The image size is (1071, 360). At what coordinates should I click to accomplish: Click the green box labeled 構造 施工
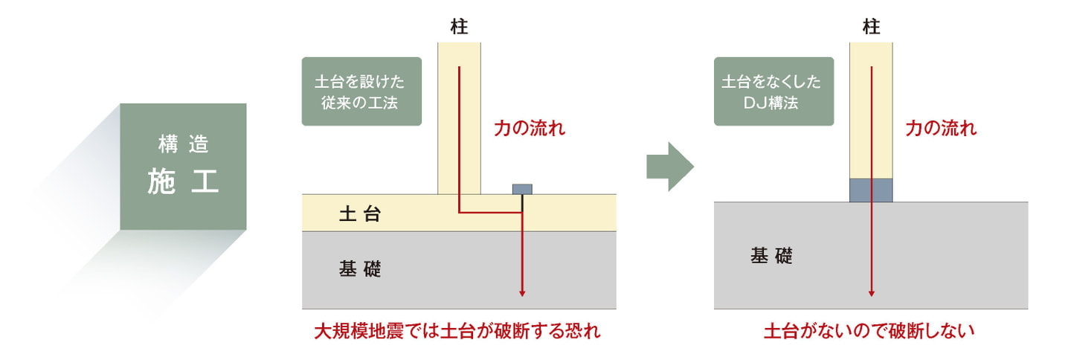click(183, 166)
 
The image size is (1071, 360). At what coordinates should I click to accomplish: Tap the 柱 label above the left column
click(459, 28)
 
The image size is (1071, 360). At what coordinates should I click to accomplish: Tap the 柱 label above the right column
click(871, 28)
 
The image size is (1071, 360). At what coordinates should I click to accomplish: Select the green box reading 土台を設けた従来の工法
click(361, 91)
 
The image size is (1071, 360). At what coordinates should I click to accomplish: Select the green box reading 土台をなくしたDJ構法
click(773, 91)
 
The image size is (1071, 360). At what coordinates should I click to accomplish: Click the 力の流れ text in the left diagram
click(530, 129)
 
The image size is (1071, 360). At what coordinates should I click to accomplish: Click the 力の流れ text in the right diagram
click(941, 129)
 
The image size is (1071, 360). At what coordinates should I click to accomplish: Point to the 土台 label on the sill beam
click(360, 215)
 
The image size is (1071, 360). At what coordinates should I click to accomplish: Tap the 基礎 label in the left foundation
click(360, 269)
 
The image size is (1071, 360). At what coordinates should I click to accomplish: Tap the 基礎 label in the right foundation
click(771, 257)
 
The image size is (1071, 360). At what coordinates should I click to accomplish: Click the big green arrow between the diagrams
click(669, 167)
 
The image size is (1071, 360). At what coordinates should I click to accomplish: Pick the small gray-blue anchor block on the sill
click(522, 189)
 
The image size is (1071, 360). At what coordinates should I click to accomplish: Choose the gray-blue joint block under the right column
click(871, 190)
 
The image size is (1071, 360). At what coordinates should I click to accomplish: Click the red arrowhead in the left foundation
click(522, 292)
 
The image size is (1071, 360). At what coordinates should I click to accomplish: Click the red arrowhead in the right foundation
click(871, 294)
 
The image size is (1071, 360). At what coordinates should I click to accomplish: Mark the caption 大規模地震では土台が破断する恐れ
click(457, 332)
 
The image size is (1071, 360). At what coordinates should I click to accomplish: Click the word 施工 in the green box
click(183, 181)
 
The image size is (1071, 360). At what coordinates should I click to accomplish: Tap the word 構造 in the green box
click(183, 144)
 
